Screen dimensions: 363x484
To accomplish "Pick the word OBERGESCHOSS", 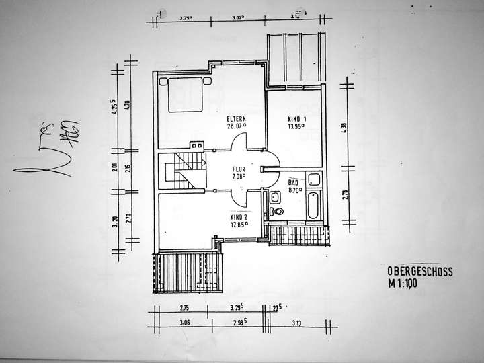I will pyautogui.click(x=419, y=271).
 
